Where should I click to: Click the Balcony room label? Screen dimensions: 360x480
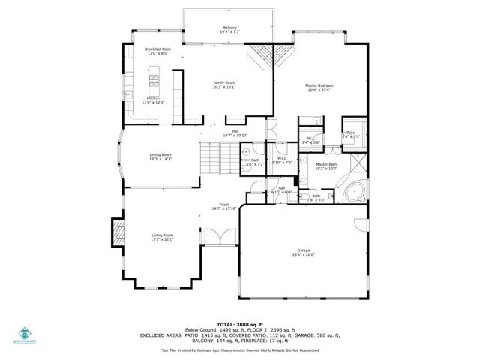pyautogui.click(x=229, y=28)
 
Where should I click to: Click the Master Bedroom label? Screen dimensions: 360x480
pyautogui.click(x=319, y=85)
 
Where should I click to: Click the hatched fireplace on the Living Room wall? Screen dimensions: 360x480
pyautogui.click(x=118, y=233)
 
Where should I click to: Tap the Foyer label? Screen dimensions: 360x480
pyautogui.click(x=223, y=204)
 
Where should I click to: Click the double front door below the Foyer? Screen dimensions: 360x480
pyautogui.click(x=219, y=237)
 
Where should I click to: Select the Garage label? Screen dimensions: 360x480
pyautogui.click(x=303, y=250)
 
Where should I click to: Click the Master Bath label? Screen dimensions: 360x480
pyautogui.click(x=326, y=164)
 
